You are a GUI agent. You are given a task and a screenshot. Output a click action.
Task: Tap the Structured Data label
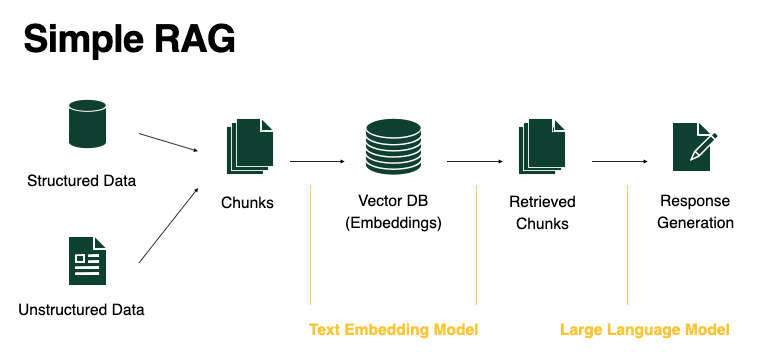tap(81, 181)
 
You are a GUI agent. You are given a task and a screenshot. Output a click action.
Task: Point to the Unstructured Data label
tap(81, 309)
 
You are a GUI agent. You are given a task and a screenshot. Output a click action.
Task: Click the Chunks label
tap(247, 203)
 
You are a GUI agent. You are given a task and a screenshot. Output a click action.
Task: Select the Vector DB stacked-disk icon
tap(393, 146)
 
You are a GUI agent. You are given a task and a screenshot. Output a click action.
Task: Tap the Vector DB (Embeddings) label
tap(393, 212)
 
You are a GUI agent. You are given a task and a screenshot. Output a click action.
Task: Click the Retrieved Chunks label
tap(542, 212)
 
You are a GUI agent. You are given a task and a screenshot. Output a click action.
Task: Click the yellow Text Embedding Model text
tap(393, 329)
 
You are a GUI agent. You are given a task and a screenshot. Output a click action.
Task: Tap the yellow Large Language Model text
tap(644, 329)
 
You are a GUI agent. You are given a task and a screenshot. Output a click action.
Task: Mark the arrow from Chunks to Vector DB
tap(316, 160)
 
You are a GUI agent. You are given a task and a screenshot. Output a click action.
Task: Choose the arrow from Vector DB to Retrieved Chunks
tap(473, 160)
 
